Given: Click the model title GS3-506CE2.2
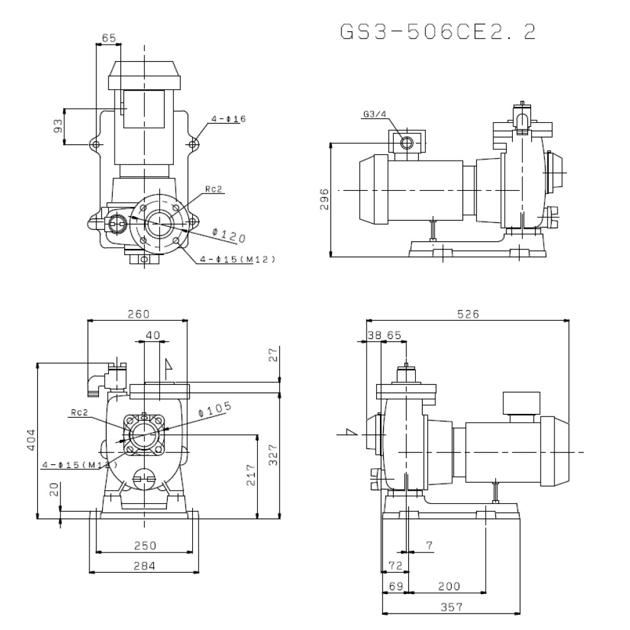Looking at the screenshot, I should (x=438, y=32).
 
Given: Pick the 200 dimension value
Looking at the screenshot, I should (x=449, y=586).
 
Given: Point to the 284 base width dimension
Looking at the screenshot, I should (x=145, y=566).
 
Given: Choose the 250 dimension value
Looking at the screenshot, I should (x=145, y=545).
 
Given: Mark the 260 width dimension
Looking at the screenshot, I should (x=138, y=314).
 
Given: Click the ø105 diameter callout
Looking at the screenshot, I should (x=215, y=409).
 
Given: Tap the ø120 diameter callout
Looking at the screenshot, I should (x=229, y=236).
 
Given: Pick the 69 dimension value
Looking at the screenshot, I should (x=395, y=586).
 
